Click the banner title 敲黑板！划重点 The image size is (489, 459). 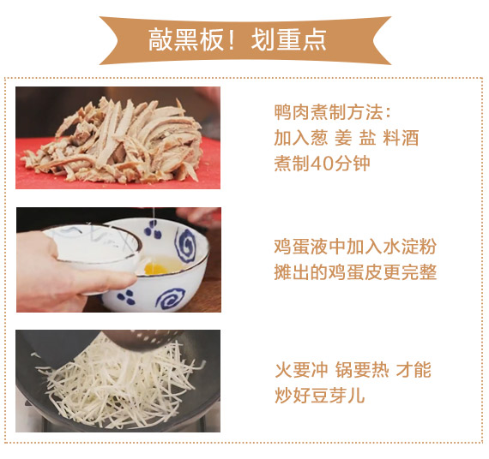(238, 40)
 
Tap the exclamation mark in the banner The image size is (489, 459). (231, 40)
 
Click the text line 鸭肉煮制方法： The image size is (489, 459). (333, 112)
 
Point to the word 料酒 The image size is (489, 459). (401, 138)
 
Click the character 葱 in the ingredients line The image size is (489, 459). (319, 138)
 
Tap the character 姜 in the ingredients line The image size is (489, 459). (343, 138)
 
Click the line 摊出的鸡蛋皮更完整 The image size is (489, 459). (355, 272)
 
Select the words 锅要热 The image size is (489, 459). (362, 370)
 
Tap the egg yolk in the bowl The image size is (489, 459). (155, 268)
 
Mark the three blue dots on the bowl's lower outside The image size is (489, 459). (126, 297)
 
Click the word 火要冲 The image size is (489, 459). (301, 370)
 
